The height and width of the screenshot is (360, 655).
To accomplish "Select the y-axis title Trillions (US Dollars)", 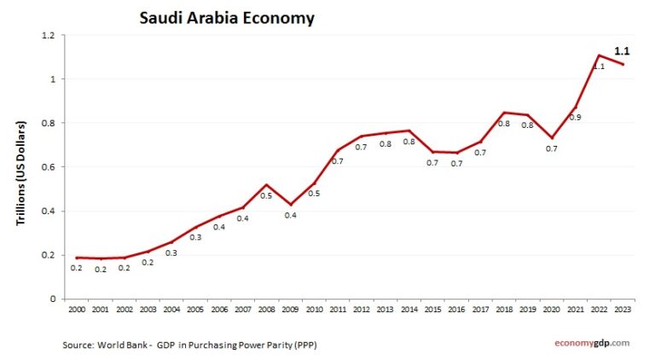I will click(x=20, y=172).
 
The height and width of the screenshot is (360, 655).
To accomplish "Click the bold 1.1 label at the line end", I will click(x=623, y=51).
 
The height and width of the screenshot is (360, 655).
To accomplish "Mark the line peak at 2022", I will click(x=599, y=55).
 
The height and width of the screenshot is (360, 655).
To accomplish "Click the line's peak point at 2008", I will click(x=266, y=184).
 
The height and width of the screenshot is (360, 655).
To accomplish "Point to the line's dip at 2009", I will click(x=290, y=205).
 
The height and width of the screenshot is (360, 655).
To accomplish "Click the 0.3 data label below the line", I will click(x=171, y=253).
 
